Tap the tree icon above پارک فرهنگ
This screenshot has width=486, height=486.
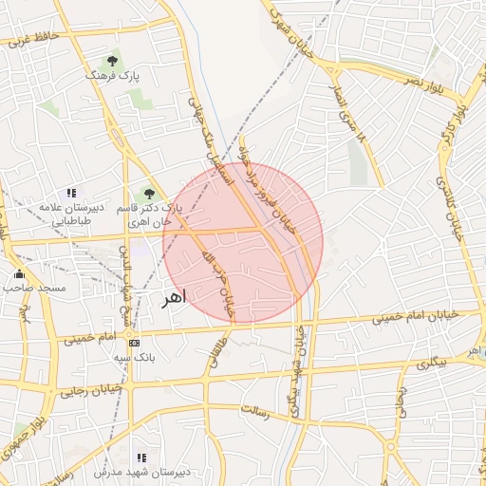112,59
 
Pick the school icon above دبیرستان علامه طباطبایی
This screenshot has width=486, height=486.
71,192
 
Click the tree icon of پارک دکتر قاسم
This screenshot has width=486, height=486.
149,194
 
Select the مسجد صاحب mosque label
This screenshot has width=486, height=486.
33,288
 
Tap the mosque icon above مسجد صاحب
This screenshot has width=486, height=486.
19,274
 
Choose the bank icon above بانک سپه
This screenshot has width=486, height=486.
134,343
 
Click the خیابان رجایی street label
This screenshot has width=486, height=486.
91,389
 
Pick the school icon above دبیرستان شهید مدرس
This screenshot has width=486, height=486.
141,457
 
